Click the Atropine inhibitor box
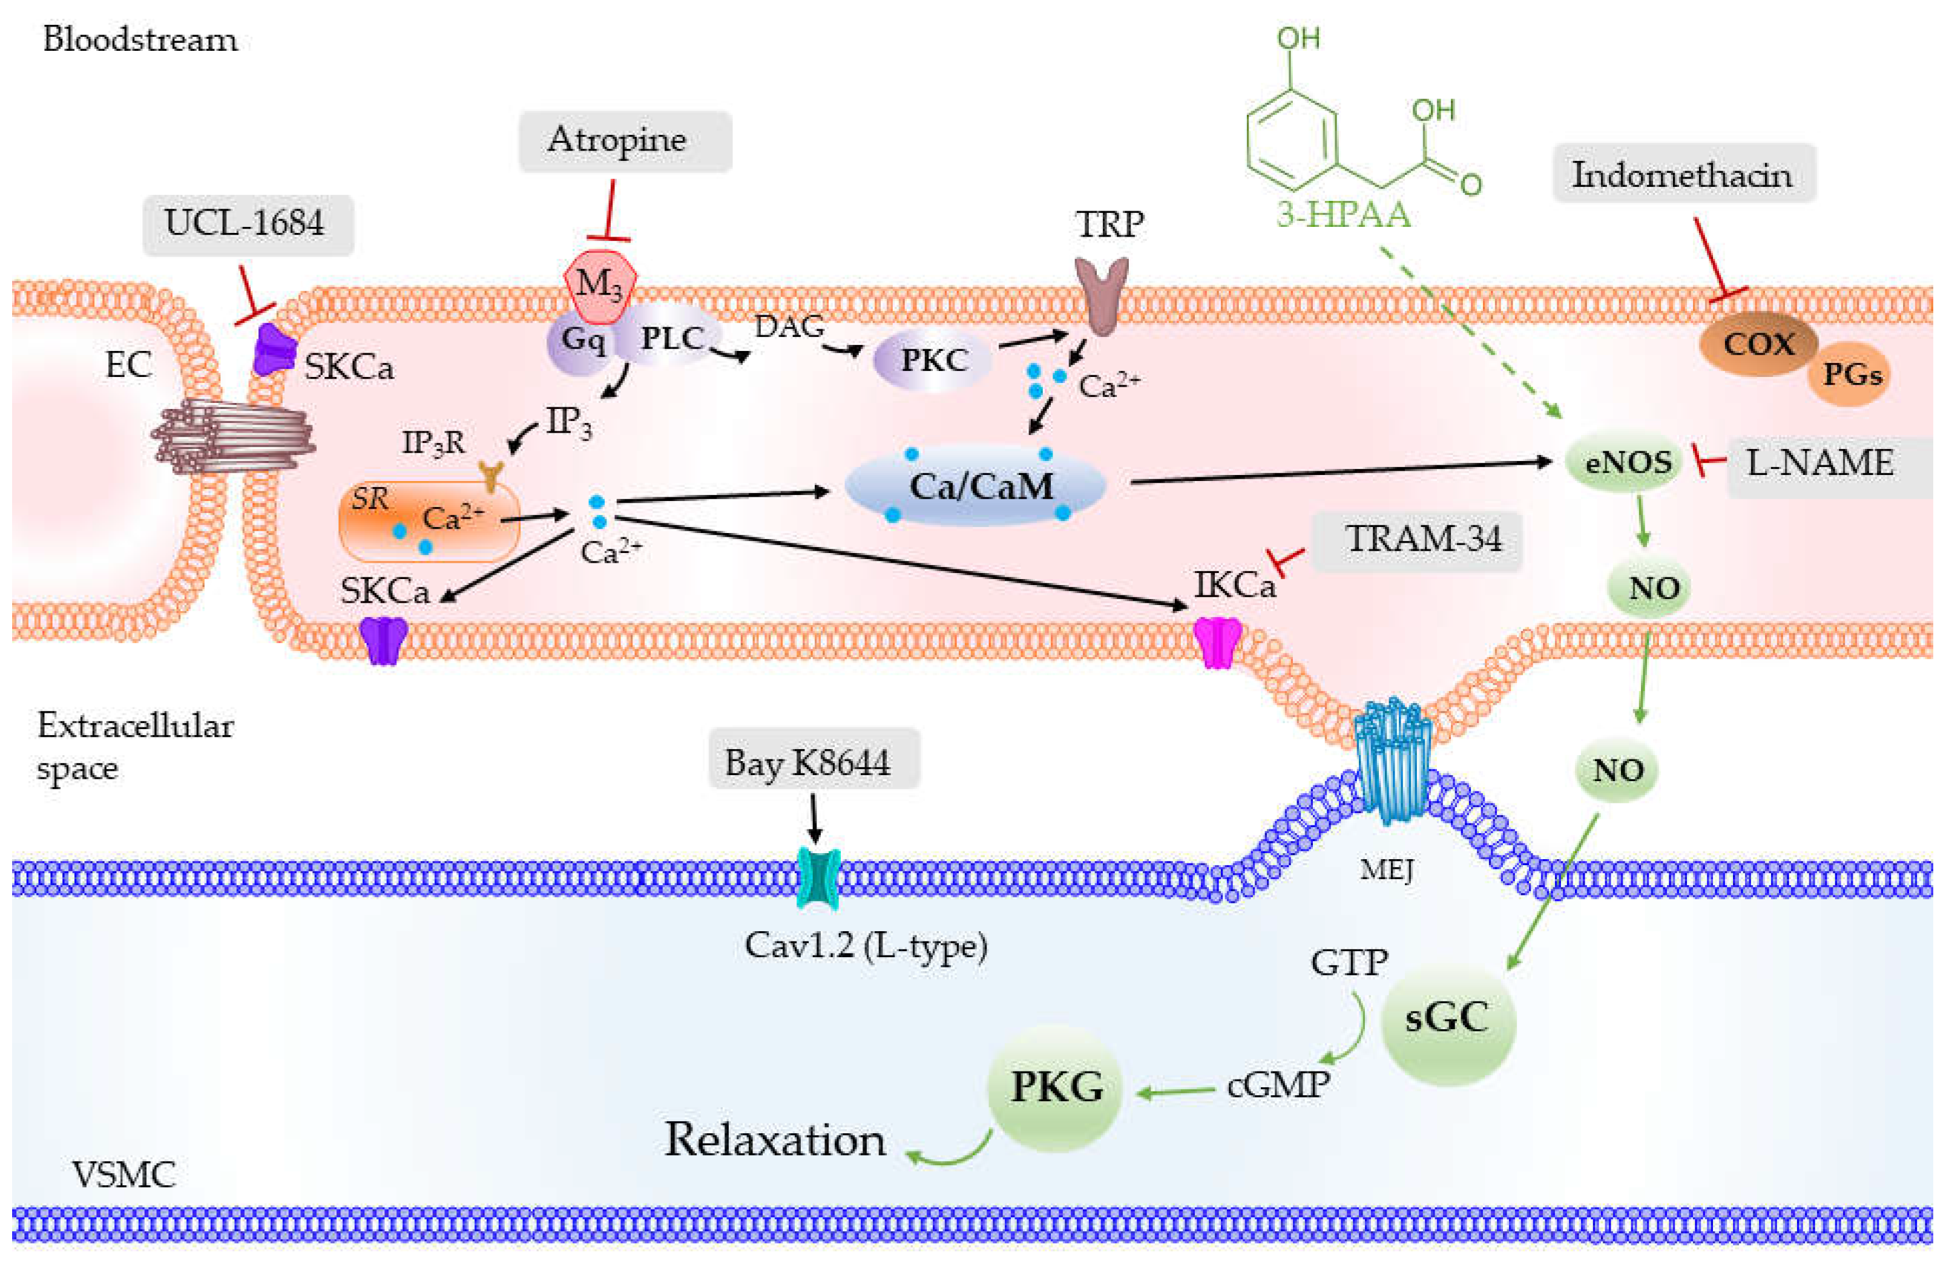(624, 141)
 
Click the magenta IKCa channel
(1216, 643)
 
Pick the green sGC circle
(1447, 1020)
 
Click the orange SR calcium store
(429, 521)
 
